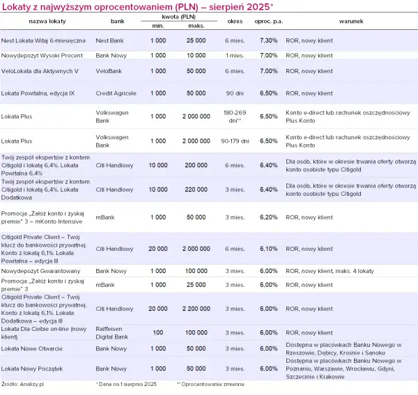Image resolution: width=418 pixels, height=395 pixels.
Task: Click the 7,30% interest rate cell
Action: pos(268,40)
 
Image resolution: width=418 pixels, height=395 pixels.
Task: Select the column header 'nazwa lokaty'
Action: pos(47,22)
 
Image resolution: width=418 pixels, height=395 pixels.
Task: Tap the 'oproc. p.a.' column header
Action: pos(269,22)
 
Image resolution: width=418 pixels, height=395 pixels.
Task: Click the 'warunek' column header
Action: pos(351,22)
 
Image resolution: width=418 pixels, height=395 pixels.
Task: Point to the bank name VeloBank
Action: pos(109,71)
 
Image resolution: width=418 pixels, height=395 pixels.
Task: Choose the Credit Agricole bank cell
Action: pos(116,93)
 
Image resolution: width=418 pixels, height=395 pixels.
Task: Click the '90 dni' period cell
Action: pos(235,93)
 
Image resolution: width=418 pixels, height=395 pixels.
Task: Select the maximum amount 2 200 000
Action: pos(196,309)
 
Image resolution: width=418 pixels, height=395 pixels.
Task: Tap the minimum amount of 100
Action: pos(158,332)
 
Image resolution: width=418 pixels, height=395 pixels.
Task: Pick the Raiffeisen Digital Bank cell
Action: pos(112,332)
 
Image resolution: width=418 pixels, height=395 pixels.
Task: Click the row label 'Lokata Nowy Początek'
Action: pos(32,369)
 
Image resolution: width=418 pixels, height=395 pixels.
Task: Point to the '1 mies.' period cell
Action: pos(235,56)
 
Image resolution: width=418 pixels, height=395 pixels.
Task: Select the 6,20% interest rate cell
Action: pos(268,217)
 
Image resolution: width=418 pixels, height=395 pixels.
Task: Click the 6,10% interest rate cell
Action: pos(268,249)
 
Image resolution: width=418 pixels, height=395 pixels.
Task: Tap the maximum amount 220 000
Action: pos(196,189)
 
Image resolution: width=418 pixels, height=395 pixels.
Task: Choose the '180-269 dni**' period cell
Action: pos(235,116)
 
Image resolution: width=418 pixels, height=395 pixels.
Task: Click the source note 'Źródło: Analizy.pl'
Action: pos(22,384)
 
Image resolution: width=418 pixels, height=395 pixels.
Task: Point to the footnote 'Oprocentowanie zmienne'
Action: pos(212,384)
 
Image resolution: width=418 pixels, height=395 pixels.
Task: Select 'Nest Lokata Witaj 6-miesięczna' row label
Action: pos(43,40)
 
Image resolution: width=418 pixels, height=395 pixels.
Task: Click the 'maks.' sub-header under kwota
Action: pos(196,26)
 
